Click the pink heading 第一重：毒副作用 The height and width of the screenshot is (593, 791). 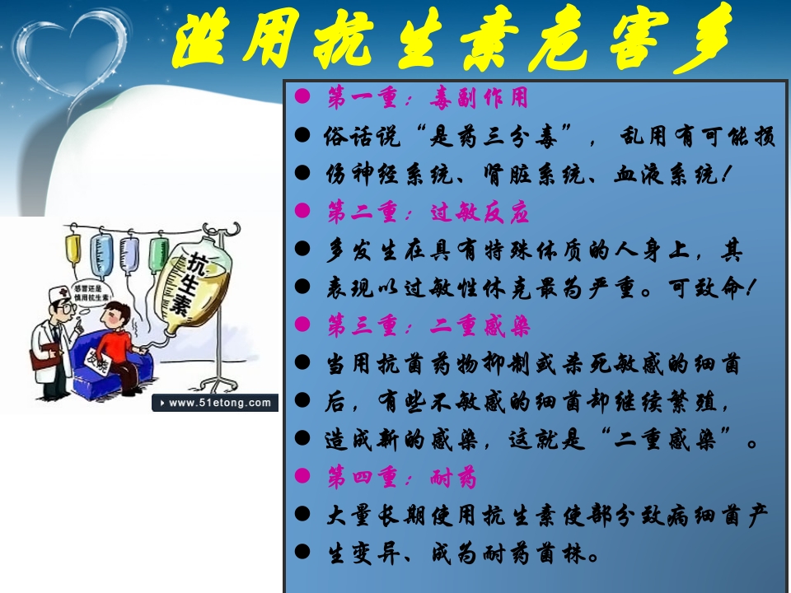pyautogui.click(x=428, y=99)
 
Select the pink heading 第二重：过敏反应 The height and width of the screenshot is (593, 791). pyautogui.click(x=428, y=213)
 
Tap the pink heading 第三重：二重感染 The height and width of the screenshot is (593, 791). pyautogui.click(x=428, y=327)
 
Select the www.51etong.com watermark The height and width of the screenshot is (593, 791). pyautogui.click(x=215, y=403)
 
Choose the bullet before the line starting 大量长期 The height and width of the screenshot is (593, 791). pyautogui.click(x=303, y=516)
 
